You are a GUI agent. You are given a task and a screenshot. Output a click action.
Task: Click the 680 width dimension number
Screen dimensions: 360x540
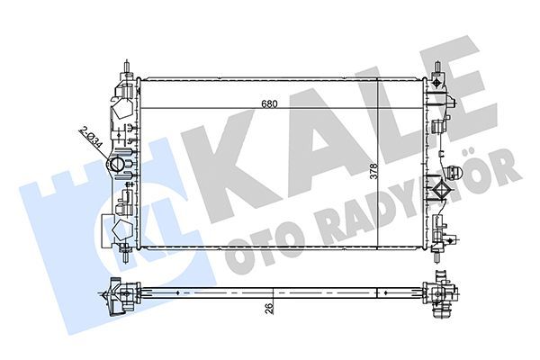(269, 103)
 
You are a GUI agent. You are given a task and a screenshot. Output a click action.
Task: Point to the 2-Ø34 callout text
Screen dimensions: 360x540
(90, 139)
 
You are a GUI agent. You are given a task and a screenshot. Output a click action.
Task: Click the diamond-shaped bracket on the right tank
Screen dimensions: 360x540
(440, 191)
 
